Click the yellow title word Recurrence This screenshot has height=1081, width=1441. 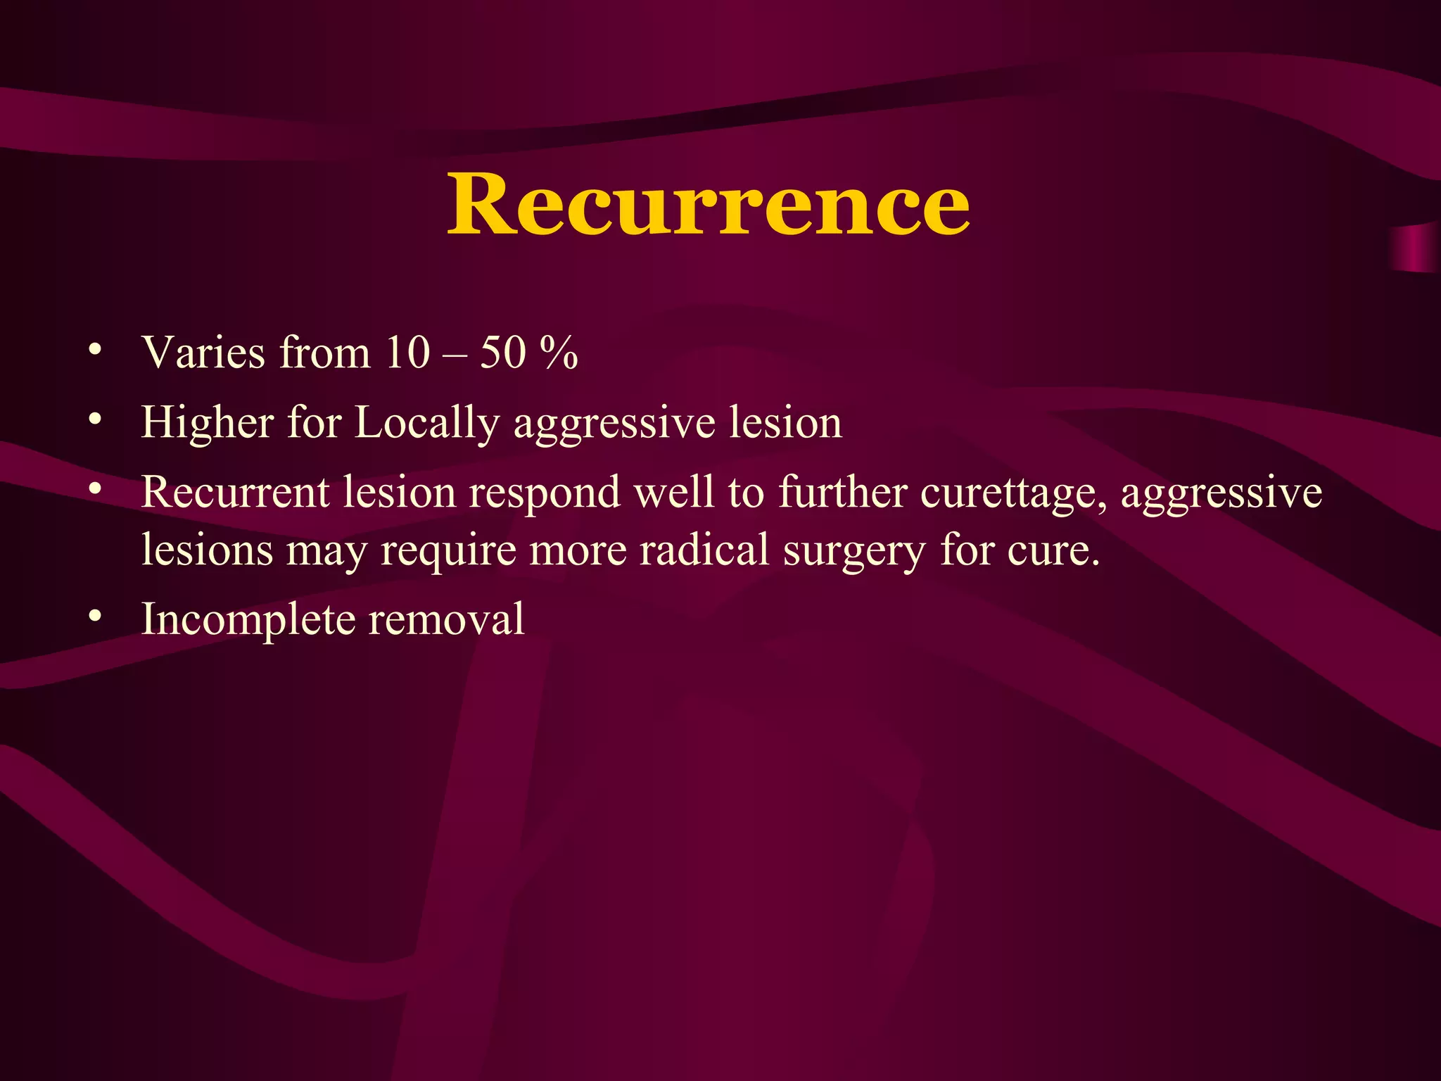[709, 204]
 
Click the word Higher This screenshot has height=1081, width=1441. [208, 422]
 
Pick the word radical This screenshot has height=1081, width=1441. [704, 549]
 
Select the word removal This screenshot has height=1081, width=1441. [446, 619]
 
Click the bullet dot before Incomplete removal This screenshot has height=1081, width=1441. [95, 617]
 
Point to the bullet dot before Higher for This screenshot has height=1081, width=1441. [95, 419]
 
